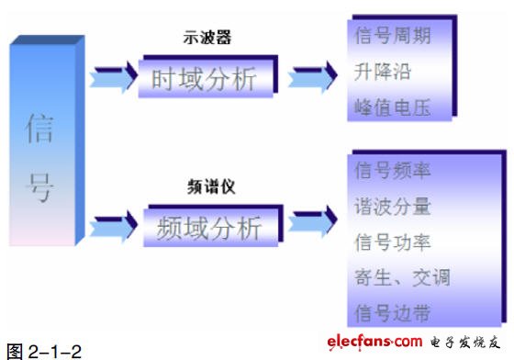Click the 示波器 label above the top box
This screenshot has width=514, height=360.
pyautogui.click(x=207, y=37)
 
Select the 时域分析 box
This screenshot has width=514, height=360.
pyautogui.click(x=207, y=77)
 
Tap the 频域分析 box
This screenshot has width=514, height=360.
pyautogui.click(x=213, y=226)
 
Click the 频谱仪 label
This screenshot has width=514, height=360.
pyautogui.click(x=211, y=186)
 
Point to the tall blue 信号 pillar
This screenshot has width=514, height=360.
pyautogui.click(x=47, y=141)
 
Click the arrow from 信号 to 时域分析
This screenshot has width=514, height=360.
pyautogui.click(x=113, y=77)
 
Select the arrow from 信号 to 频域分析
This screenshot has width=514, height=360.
pyautogui.click(x=113, y=226)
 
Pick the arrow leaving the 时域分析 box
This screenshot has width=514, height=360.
pyautogui.click(x=312, y=77)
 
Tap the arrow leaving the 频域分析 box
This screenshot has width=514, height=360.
pyautogui.click(x=312, y=221)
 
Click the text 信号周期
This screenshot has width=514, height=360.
pyautogui.click(x=393, y=36)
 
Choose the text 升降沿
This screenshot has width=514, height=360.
pyautogui.click(x=383, y=72)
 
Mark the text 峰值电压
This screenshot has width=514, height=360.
pyautogui.click(x=393, y=107)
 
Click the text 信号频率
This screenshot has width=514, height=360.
pyautogui.click(x=393, y=171)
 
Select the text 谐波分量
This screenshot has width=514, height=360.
pyautogui.click(x=393, y=207)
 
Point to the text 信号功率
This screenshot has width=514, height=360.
pyautogui.click(x=393, y=242)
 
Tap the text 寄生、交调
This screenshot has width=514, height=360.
pyautogui.click(x=402, y=277)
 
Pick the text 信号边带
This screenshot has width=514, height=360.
pyautogui.click(x=393, y=313)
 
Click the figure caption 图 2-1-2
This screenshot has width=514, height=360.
pyautogui.click(x=44, y=352)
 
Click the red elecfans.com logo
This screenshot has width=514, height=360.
pyautogui.click(x=374, y=342)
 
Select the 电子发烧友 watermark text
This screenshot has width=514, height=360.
pyautogui.click(x=465, y=343)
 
